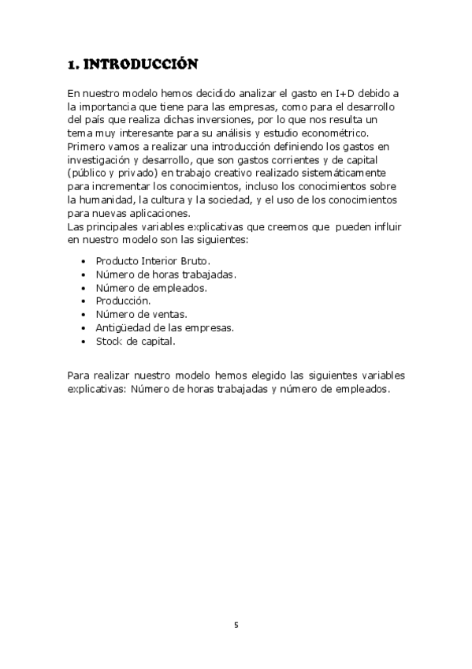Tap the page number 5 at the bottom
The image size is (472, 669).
tap(236, 626)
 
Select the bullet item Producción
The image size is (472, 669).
tap(123, 301)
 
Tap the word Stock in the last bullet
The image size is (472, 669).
tap(109, 341)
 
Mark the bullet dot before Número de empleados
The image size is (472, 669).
tap(84, 288)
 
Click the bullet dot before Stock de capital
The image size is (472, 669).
tap(84, 342)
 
